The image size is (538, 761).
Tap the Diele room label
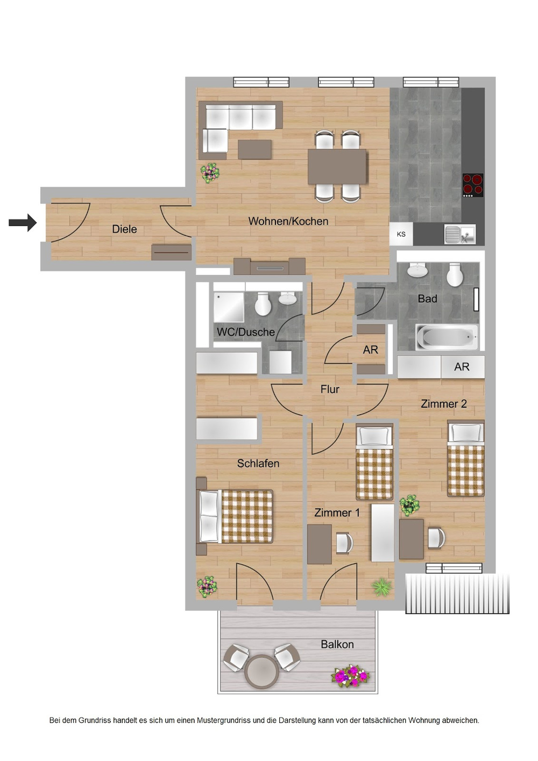pos(124,229)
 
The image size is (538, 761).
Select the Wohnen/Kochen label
pos(288,221)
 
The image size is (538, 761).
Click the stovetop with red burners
pos(473,185)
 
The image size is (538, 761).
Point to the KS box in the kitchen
pos(401,234)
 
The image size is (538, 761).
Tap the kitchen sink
pos(459,234)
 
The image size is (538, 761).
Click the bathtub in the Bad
pos(447,337)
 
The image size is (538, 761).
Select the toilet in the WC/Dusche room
pos(263,304)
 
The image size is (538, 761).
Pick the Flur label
pos(330,389)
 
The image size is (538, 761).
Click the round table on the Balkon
pos(262,671)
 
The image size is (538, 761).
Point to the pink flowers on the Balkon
pos(350,675)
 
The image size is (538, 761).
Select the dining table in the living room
pos(337,167)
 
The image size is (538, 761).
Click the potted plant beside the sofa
pos(210,173)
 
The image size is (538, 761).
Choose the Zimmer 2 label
pos(443,404)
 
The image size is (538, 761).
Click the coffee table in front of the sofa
pos(254,149)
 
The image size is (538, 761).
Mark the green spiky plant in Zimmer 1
pos(381,587)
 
